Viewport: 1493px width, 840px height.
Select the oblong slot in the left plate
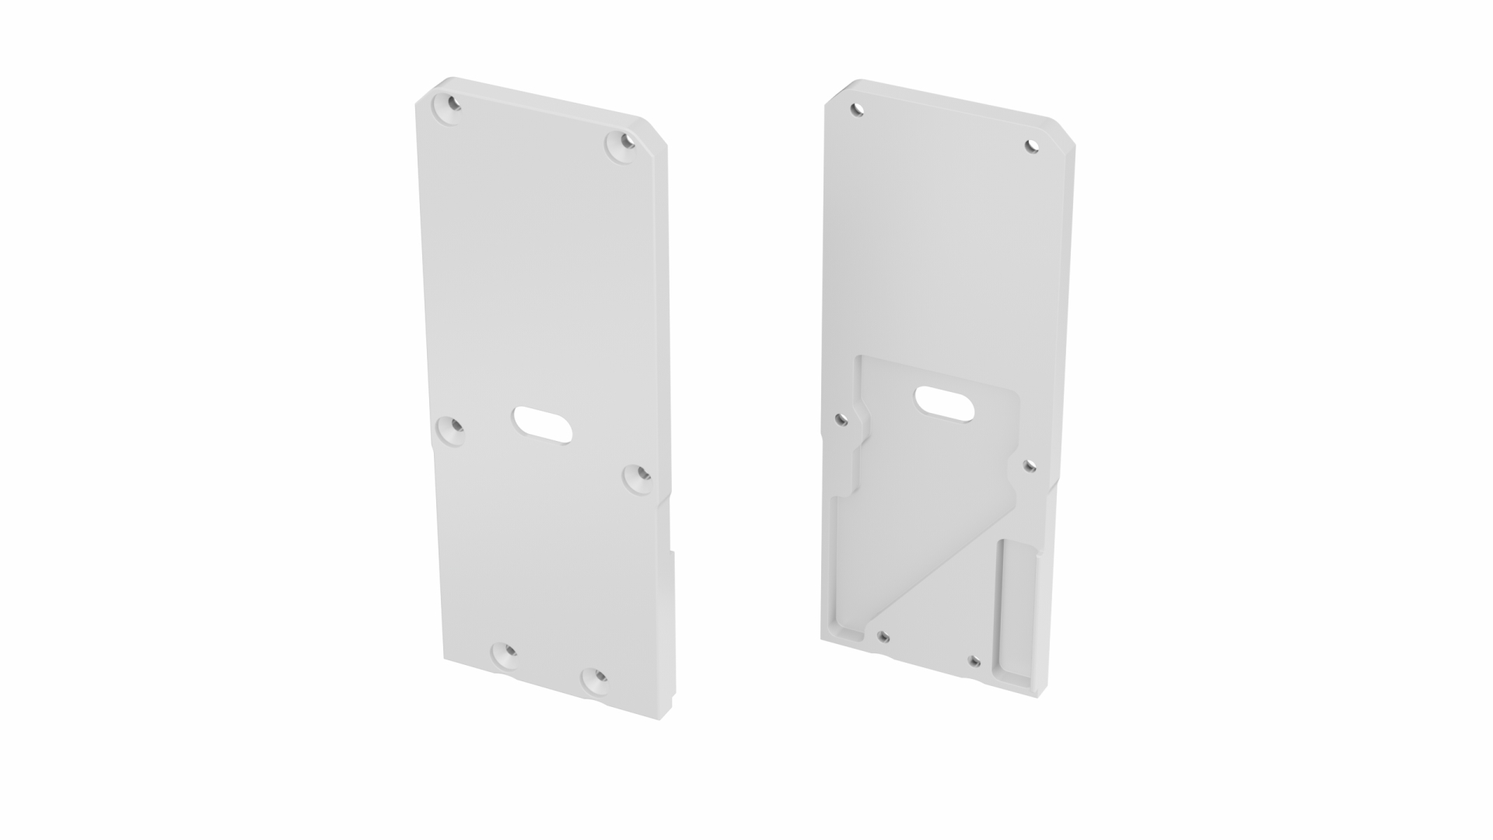tap(543, 425)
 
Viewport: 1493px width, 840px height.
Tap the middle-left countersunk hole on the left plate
tap(450, 430)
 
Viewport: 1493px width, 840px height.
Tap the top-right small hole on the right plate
tap(1032, 145)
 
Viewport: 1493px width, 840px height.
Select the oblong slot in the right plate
tap(946, 404)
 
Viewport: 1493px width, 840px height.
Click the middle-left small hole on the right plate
tap(841, 420)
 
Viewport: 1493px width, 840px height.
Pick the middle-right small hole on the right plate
tap(1029, 466)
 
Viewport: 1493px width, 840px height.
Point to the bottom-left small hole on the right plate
tap(883, 637)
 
